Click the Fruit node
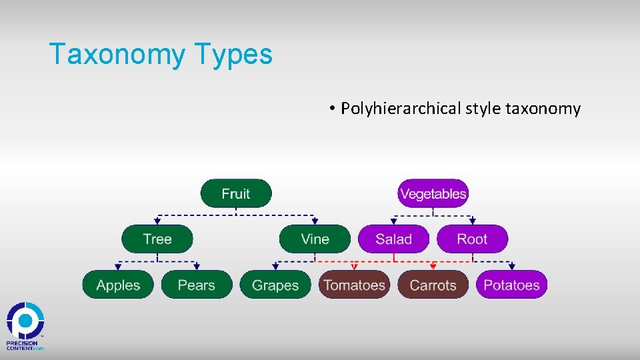point(236,193)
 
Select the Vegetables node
point(433,193)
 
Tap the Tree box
point(157,239)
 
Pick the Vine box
point(315,239)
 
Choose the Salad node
point(393,239)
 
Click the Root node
point(472,239)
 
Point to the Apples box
point(118,285)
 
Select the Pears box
point(197,285)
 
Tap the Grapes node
point(275,285)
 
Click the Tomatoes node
point(354,285)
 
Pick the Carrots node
point(433,285)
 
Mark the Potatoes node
point(511,285)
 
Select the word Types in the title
point(235,54)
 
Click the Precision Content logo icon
point(25,321)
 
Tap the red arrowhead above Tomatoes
point(354,267)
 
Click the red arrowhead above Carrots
point(433,267)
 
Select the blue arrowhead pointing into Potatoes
point(511,267)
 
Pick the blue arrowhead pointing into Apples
point(118,267)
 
